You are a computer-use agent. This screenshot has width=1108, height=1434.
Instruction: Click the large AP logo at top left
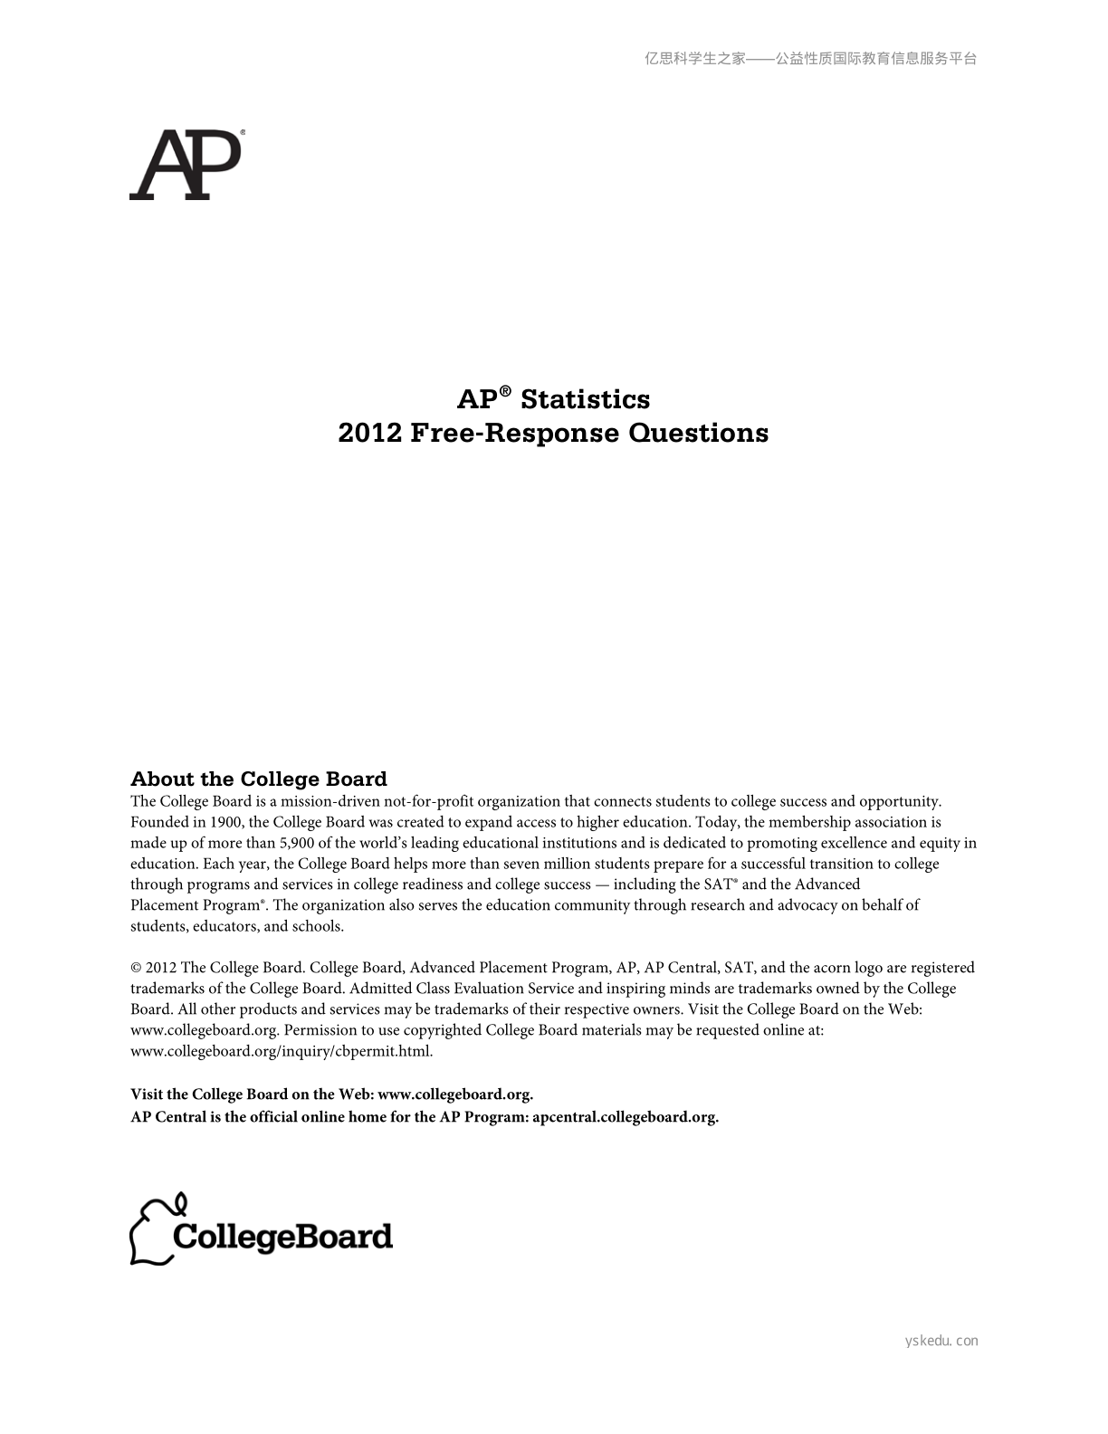click(x=186, y=165)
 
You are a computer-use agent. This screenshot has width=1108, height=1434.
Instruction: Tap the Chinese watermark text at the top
click(x=810, y=59)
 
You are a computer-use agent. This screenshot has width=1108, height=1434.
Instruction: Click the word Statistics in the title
click(x=585, y=399)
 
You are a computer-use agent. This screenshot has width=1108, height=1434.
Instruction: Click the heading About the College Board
click(x=258, y=779)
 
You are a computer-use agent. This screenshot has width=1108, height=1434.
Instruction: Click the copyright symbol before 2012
click(x=136, y=968)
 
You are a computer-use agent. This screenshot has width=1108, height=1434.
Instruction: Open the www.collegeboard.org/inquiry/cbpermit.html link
click(x=282, y=1051)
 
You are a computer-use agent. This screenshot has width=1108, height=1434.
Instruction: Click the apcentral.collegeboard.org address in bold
click(x=626, y=1116)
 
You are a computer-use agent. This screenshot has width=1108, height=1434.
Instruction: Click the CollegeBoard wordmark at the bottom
click(x=282, y=1237)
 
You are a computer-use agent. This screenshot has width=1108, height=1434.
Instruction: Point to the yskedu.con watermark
click(x=941, y=1341)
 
